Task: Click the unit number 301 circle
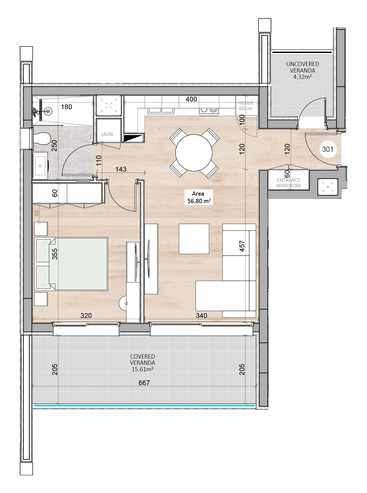(328, 149)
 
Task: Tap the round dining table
(194, 153)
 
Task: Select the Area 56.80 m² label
(198, 197)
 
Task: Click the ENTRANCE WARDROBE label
(289, 183)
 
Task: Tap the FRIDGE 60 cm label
(246, 106)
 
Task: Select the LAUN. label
(107, 134)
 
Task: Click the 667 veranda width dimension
(144, 383)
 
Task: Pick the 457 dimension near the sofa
(242, 246)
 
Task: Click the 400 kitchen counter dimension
(191, 99)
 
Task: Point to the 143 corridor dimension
(121, 169)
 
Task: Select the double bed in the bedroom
(71, 264)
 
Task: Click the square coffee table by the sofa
(194, 239)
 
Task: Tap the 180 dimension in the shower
(67, 107)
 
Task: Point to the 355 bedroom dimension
(55, 254)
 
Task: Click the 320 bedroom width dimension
(86, 315)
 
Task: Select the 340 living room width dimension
(201, 315)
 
